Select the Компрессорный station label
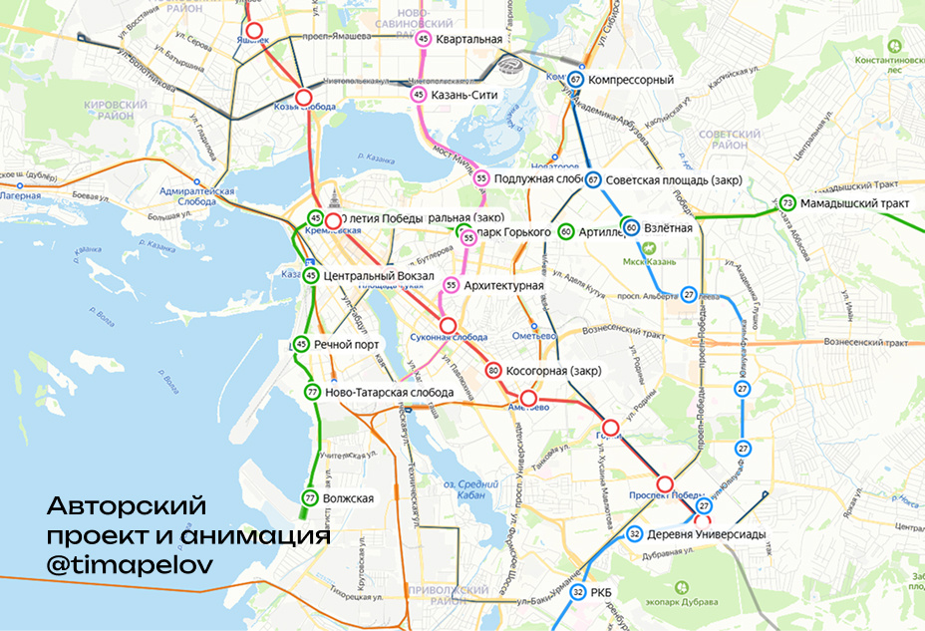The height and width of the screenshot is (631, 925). pyautogui.click(x=631, y=80)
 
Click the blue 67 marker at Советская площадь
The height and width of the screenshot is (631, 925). pyautogui.click(x=593, y=180)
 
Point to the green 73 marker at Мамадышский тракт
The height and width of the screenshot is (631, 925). pyautogui.click(x=787, y=203)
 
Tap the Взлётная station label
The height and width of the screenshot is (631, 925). pyautogui.click(x=668, y=228)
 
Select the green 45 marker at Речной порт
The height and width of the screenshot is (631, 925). pyautogui.click(x=302, y=344)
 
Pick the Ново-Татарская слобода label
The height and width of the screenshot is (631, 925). pyautogui.click(x=389, y=393)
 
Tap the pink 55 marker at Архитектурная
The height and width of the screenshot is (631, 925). pyautogui.click(x=452, y=286)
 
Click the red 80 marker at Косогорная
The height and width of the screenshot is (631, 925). pyautogui.click(x=492, y=371)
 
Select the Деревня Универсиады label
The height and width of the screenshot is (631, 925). pyautogui.click(x=706, y=534)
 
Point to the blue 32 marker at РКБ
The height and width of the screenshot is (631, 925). pyautogui.click(x=578, y=593)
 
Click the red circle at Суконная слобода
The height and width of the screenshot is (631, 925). pyautogui.click(x=449, y=325)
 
